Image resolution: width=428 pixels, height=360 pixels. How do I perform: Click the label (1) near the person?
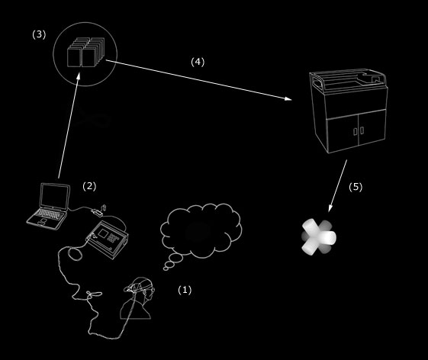185,290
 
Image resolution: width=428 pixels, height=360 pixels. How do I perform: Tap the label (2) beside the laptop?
89,186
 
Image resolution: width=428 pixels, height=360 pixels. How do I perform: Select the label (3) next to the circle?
39,34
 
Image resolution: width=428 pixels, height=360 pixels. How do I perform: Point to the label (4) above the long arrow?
198,62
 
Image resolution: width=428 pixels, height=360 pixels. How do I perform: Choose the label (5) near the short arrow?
356,187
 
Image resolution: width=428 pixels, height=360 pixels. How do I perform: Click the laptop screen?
55,196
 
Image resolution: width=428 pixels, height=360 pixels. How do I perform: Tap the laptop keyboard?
49,214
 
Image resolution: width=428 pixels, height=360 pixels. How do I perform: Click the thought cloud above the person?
201,231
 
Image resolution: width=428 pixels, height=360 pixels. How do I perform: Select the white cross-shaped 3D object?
319,237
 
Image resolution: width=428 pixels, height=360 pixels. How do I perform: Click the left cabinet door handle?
355,131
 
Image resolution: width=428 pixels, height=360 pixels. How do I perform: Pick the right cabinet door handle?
362,130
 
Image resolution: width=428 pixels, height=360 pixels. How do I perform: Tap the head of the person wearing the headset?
141,290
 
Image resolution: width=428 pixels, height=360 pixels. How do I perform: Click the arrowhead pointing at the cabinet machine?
288,99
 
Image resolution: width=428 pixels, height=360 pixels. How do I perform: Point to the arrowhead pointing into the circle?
79,76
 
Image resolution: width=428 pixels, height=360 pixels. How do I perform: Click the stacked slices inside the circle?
85,52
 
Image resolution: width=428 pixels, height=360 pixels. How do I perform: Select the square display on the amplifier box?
104,233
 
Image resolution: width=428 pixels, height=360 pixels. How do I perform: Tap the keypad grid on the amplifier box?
112,238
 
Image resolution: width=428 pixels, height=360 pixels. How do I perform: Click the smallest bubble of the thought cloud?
166,268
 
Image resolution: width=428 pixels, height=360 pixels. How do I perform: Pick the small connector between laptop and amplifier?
97,212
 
